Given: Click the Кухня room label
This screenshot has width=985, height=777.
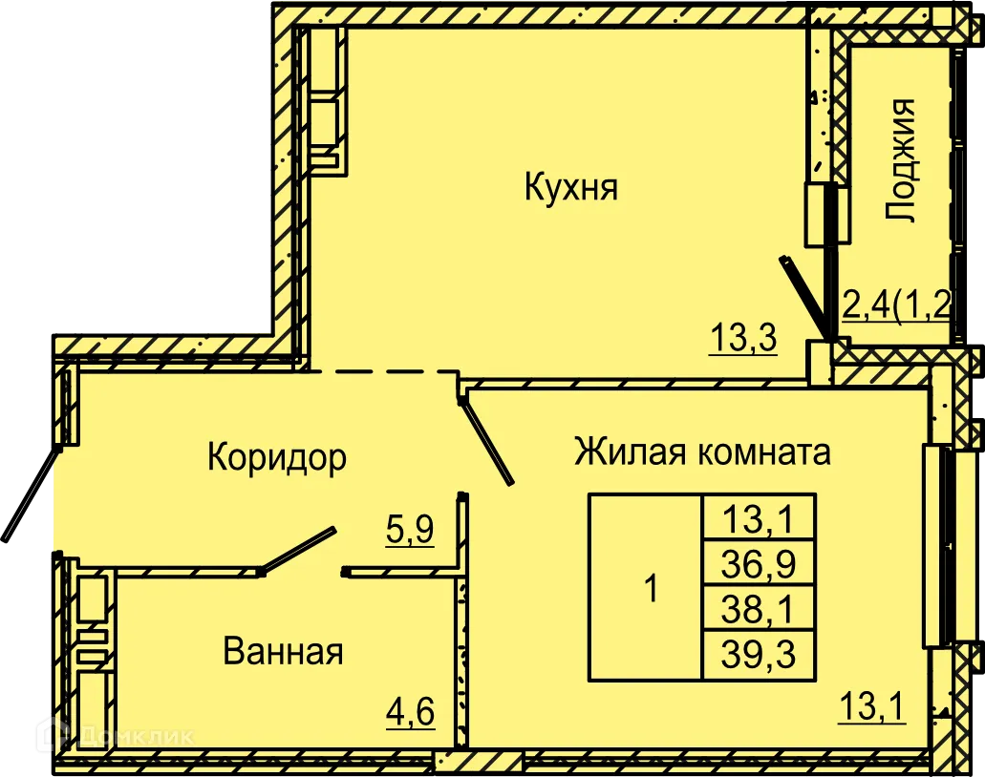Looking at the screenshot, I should click(571, 187).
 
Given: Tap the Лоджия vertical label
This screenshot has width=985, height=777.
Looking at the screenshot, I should click(901, 159).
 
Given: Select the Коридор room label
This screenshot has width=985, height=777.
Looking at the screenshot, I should click(276, 458).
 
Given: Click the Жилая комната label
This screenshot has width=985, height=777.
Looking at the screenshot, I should click(702, 451).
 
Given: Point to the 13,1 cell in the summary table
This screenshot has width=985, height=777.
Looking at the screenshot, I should click(759, 520).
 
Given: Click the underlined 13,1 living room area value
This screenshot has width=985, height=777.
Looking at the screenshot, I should click(871, 708).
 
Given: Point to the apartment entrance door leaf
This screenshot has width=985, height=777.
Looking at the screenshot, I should click(26, 498).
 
